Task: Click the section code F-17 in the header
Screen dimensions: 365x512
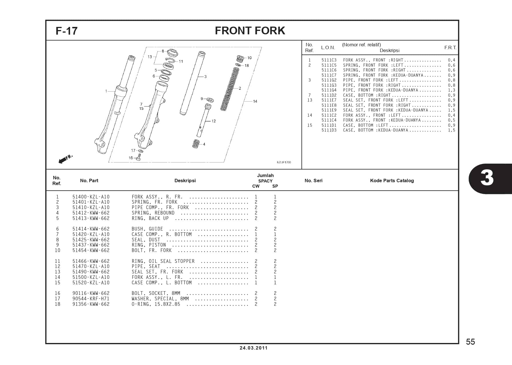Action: point(66,31)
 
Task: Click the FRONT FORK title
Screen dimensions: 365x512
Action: point(250,31)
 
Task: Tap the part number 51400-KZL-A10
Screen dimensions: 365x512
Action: point(91,197)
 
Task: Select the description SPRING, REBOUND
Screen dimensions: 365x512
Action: point(153,213)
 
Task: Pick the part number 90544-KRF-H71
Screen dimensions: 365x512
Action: point(91,299)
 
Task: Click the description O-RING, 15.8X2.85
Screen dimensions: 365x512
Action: point(156,304)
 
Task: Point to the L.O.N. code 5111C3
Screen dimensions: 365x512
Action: point(329,60)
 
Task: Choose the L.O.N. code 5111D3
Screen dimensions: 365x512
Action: point(329,130)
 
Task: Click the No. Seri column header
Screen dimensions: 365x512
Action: point(313,180)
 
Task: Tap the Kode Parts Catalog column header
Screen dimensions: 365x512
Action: point(392,180)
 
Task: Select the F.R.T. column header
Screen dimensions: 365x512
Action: point(450,47)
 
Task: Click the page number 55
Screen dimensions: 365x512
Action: point(470,342)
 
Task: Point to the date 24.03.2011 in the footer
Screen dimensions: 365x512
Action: point(253,348)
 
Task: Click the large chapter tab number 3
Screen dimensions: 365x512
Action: point(487,178)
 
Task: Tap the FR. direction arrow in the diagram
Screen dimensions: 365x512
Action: point(65,159)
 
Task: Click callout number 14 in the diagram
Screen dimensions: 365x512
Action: point(255,101)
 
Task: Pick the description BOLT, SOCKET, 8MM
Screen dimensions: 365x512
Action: point(156,293)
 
